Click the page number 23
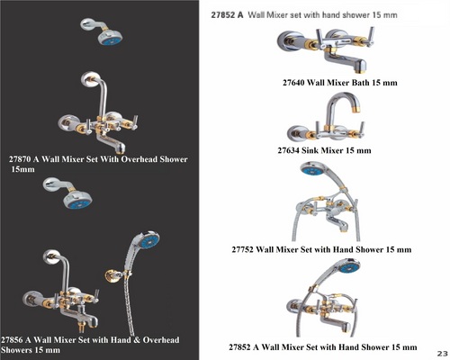[442, 354]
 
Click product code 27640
[293, 83]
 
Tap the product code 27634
[288, 150]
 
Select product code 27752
[243, 249]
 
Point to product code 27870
[20, 159]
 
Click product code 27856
[12, 340]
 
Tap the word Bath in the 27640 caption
[361, 83]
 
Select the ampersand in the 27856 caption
[137, 340]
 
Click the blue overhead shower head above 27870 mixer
[111, 38]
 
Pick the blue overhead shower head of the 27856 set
[78, 200]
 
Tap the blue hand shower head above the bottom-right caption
[349, 265]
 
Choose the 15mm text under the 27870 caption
[22, 169]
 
